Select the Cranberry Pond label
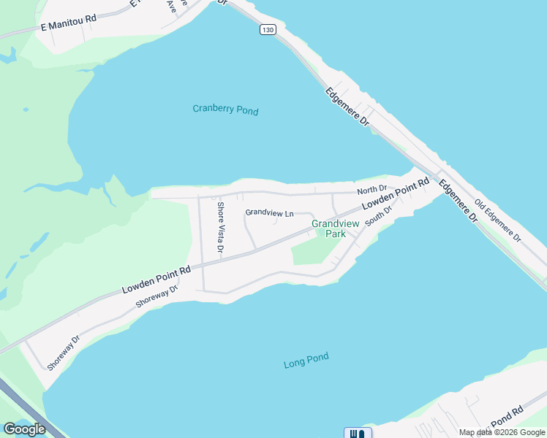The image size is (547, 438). click(225, 109)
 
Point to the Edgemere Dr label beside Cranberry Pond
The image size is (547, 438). click(347, 107)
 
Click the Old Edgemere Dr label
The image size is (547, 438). click(497, 220)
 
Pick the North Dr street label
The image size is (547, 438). click(371, 190)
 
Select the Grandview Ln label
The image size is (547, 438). click(269, 213)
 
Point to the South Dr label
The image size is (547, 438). click(379, 215)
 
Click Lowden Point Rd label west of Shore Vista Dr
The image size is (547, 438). click(156, 280)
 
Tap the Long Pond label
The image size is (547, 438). click(306, 360)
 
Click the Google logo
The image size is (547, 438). click(24, 429)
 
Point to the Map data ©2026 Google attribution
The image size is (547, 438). click(502, 432)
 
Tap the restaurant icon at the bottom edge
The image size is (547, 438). click(357, 433)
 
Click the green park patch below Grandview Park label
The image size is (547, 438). click(314, 253)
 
